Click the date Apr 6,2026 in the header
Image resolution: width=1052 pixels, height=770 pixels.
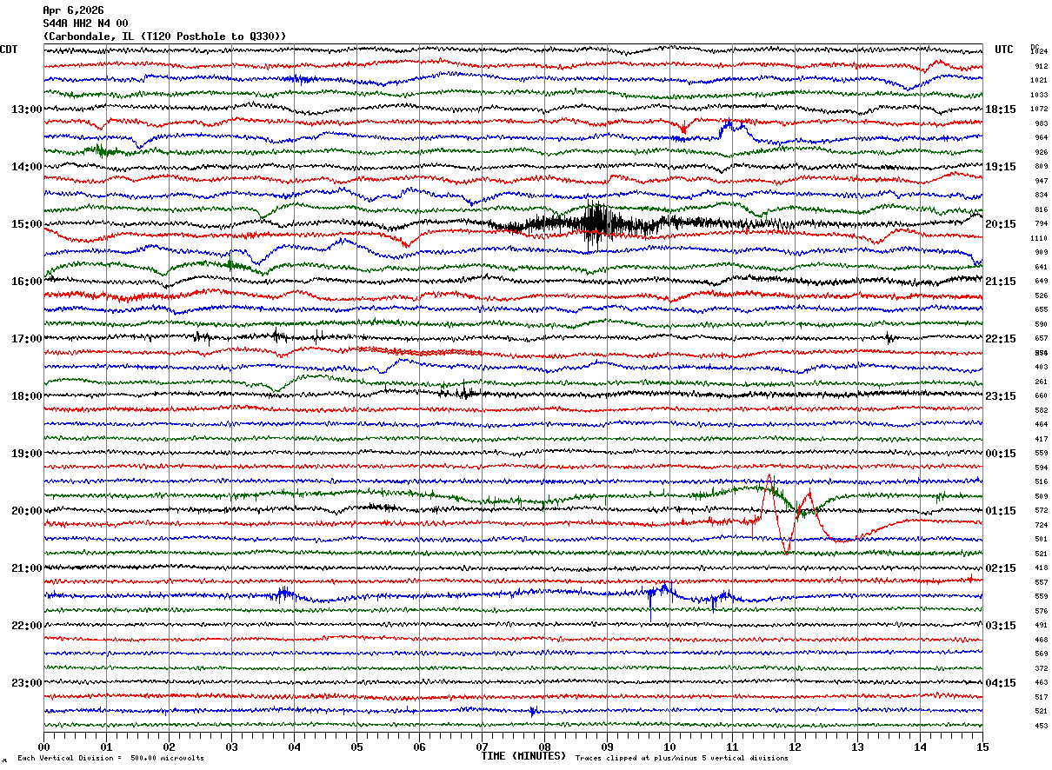(x=73, y=10)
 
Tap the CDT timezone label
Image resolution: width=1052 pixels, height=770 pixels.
(x=10, y=50)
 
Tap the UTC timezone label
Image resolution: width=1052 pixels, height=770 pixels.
(x=1004, y=50)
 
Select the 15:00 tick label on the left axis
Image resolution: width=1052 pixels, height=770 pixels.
(x=26, y=224)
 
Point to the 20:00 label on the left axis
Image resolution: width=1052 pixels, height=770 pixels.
(x=26, y=511)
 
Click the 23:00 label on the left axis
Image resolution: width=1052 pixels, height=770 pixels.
(x=26, y=682)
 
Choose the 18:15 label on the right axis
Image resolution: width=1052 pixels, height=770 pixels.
(x=1001, y=110)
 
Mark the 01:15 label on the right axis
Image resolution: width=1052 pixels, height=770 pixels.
(x=1001, y=511)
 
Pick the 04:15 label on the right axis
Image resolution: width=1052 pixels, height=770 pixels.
(x=1001, y=682)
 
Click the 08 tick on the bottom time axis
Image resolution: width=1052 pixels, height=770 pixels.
(x=544, y=747)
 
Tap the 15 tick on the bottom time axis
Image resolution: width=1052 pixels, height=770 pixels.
(x=982, y=747)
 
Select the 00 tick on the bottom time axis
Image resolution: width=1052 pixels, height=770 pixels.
(x=43, y=747)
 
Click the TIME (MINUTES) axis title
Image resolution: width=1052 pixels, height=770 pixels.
(x=523, y=756)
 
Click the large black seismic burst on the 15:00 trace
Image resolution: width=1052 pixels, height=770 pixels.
(x=595, y=224)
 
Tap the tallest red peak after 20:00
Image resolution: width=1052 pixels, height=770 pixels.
(x=769, y=477)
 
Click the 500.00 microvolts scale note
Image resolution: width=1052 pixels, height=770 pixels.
(x=168, y=758)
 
